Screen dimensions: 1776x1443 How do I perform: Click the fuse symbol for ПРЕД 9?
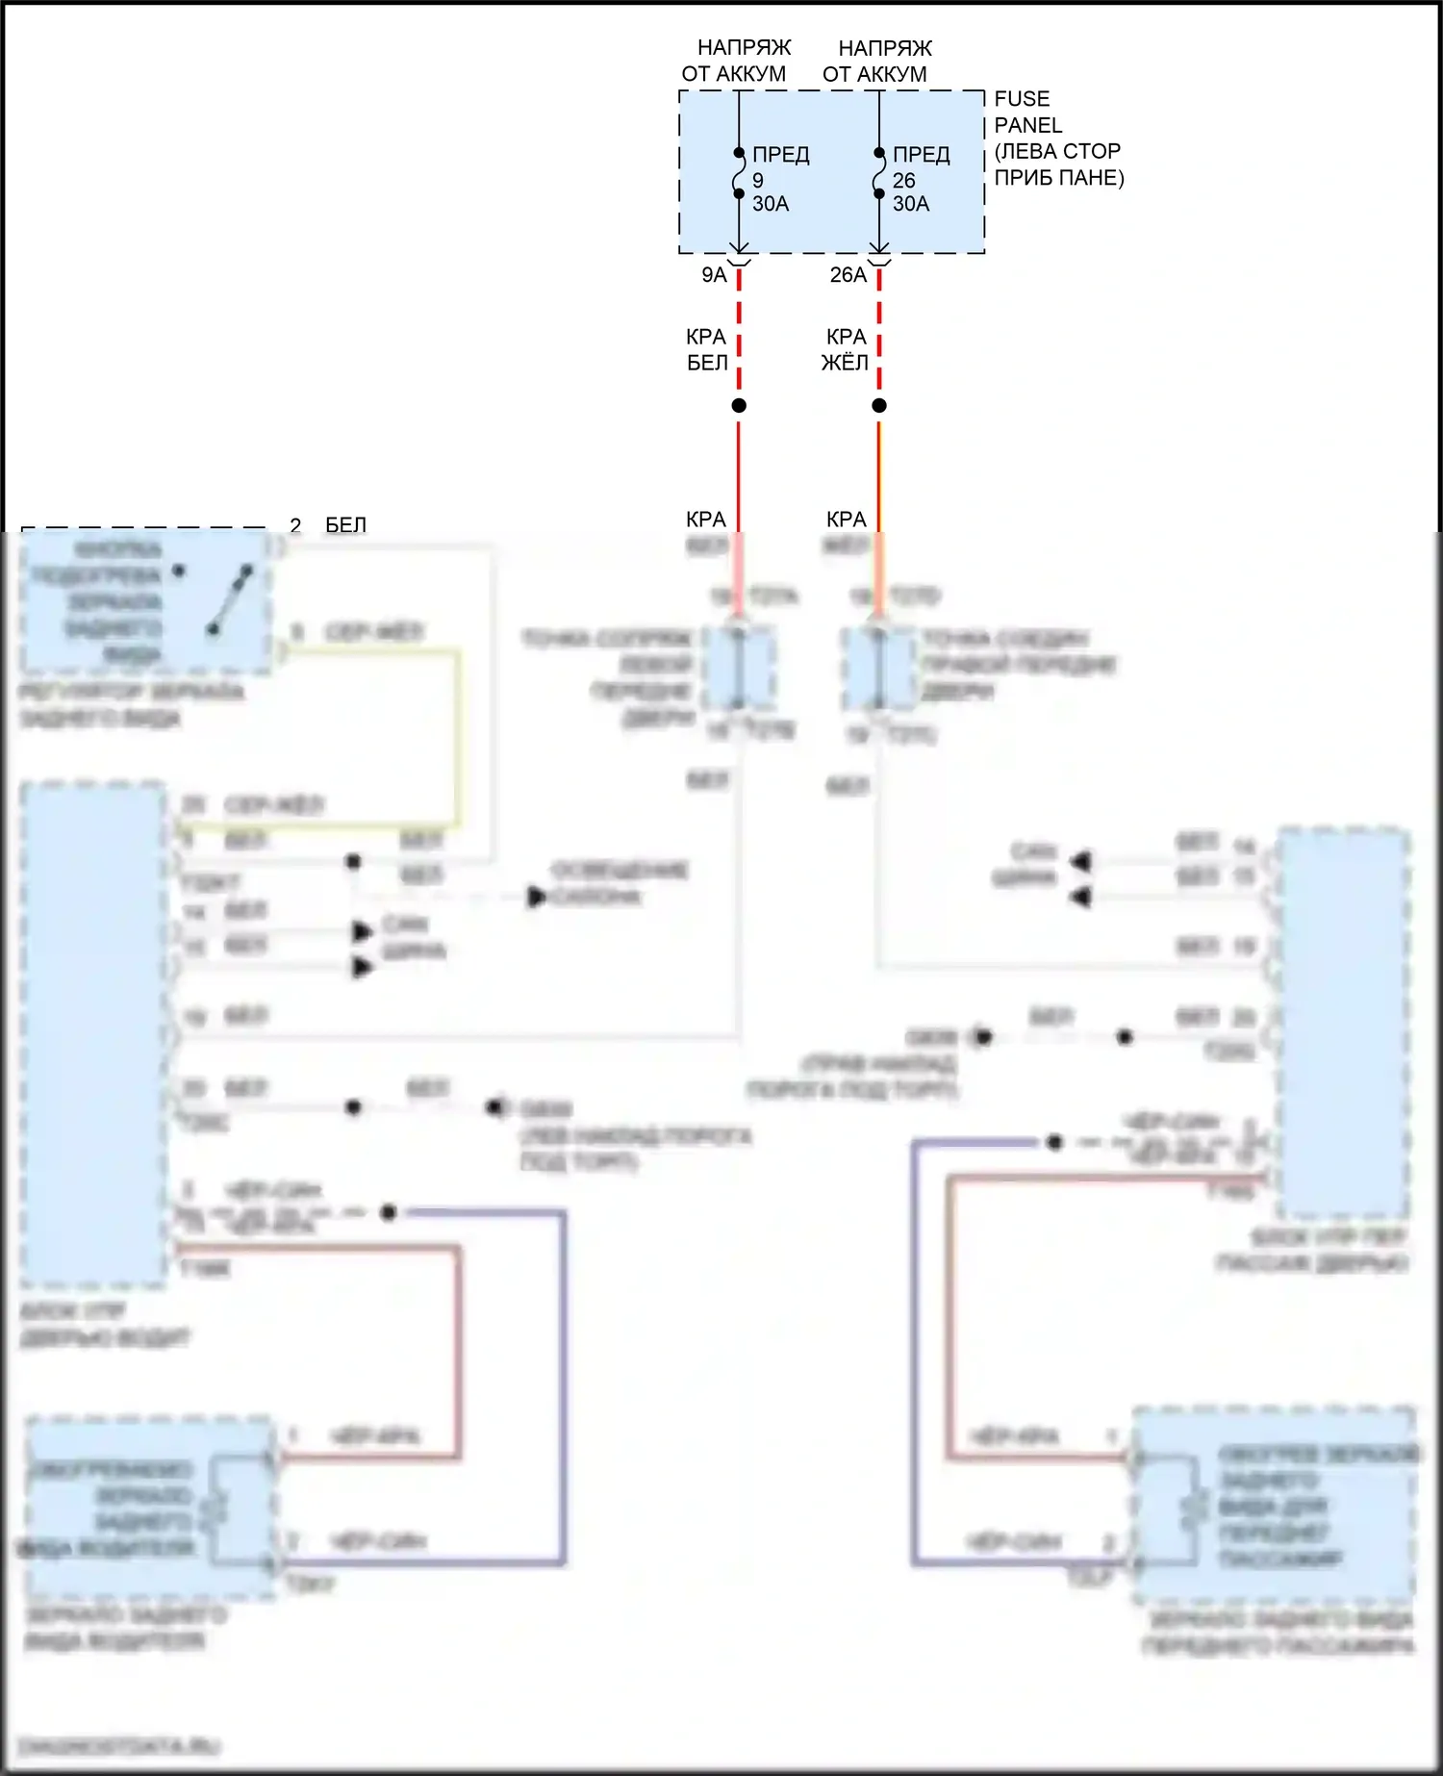[738, 173]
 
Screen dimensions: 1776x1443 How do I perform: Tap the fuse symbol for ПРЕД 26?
[878, 173]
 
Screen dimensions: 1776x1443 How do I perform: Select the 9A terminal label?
[714, 275]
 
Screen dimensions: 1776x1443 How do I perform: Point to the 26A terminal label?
[848, 275]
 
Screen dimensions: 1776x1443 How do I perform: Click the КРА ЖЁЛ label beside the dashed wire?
[846, 349]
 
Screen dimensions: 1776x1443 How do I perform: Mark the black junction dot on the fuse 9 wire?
[739, 406]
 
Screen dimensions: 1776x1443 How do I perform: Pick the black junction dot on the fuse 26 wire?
[879, 406]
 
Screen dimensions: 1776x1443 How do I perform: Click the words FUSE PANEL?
[1027, 112]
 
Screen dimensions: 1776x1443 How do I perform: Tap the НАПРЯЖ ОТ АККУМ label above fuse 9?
[736, 61]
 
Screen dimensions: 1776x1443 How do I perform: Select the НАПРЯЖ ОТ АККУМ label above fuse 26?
[876, 61]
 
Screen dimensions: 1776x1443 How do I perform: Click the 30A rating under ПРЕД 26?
[911, 204]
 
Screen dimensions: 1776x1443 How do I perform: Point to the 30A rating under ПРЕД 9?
[771, 204]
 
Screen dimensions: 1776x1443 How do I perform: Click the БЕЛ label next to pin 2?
[345, 525]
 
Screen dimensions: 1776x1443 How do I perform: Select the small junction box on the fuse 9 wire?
[739, 668]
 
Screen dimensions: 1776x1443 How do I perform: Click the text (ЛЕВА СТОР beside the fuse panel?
[1057, 151]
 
